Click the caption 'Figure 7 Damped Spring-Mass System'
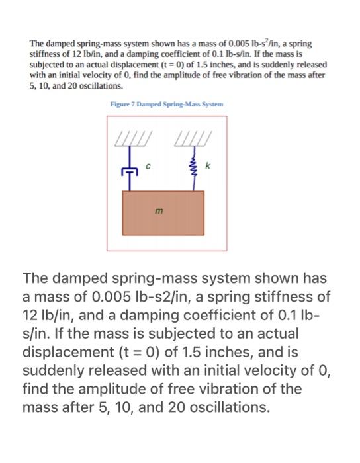tap(167, 105)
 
